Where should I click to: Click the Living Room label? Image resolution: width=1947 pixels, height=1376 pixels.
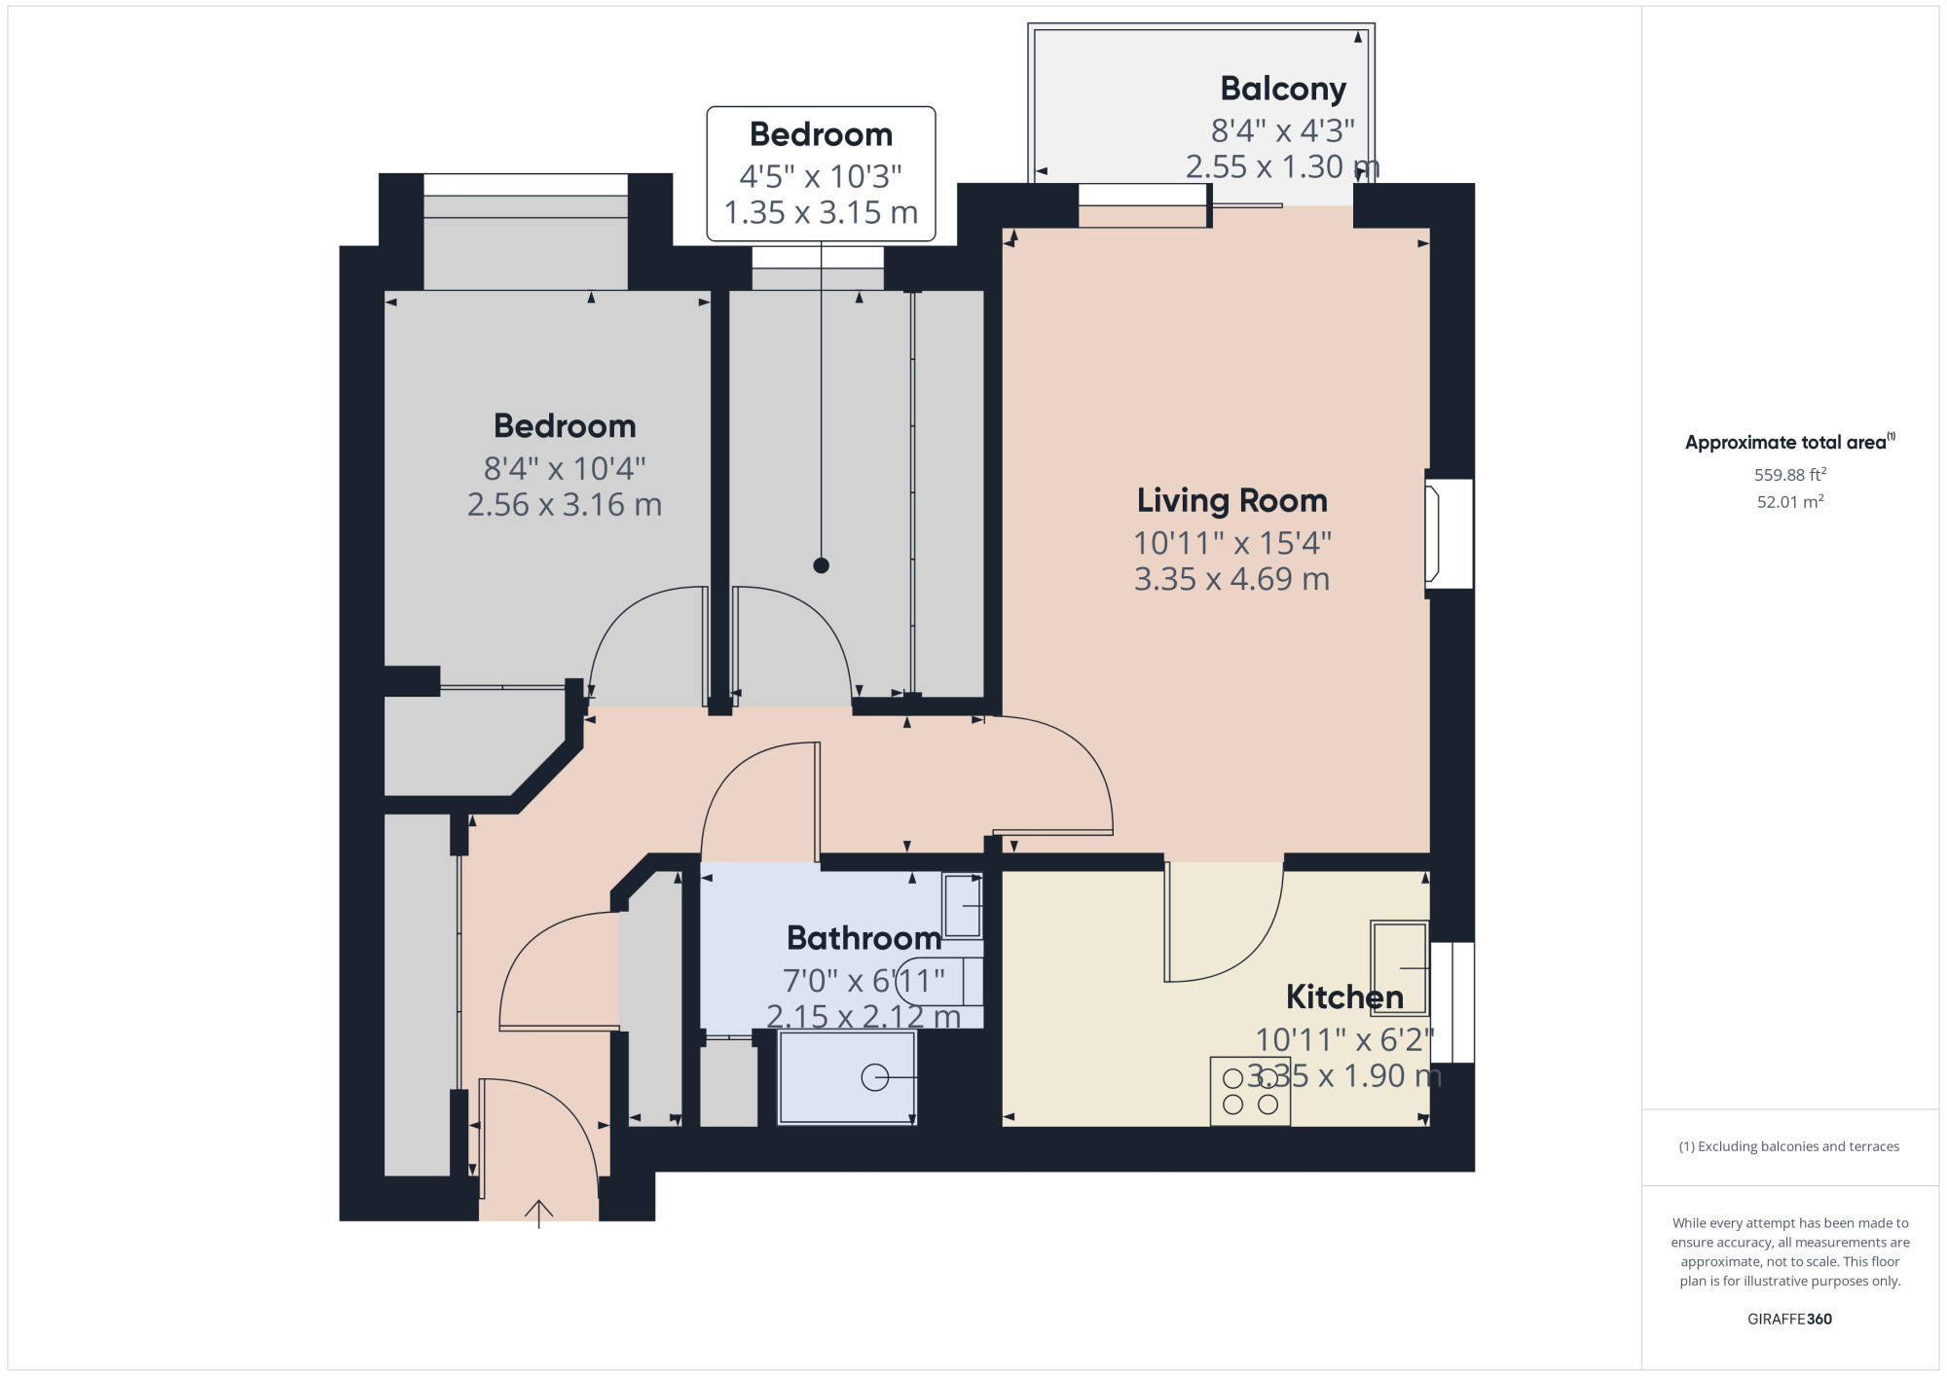pos(1231,500)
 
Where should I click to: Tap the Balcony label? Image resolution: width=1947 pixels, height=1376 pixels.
pos(1283,89)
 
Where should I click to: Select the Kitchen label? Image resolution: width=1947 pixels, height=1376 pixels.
pos(1344,996)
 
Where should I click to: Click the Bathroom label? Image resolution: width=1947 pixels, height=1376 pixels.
pos(864,938)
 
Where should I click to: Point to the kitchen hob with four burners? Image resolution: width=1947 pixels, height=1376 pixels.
pos(1250,1091)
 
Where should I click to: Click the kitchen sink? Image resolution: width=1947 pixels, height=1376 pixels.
pos(1400,968)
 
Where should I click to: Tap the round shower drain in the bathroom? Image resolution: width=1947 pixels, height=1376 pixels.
pos(874,1077)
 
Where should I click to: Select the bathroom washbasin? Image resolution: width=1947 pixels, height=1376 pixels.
pos(962,905)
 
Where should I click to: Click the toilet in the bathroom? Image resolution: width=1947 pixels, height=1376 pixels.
pos(939,981)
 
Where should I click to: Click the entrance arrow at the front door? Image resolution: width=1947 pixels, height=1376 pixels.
pos(538,1213)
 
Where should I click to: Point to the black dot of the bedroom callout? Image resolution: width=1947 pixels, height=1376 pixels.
pos(821,565)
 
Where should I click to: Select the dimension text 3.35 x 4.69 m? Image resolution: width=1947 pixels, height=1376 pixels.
pos(1231,579)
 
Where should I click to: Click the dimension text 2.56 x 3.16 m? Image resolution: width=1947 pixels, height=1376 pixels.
pos(565,505)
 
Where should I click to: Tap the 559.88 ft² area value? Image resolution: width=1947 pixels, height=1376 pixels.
pos(1790,474)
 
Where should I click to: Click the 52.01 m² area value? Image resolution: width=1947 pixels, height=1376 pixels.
pos(1790,501)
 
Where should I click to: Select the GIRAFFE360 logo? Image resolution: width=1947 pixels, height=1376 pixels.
pos(1789,1320)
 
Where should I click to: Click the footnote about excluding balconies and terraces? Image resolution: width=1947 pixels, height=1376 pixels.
pos(1789,1146)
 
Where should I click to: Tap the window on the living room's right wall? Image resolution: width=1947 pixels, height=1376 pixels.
pos(1449,533)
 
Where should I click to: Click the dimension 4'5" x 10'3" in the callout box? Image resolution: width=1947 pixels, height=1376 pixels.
pos(821,176)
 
